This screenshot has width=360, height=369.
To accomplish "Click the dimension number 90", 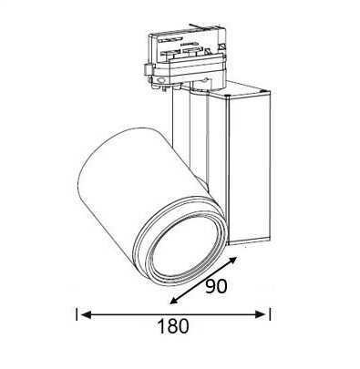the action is click(216, 286).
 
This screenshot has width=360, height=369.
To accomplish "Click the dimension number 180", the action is click(173, 326).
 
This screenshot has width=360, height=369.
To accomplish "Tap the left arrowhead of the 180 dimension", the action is click(87, 314).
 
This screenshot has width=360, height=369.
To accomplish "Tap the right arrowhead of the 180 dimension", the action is click(261, 314).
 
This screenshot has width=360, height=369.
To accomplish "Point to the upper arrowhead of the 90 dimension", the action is click(231, 261).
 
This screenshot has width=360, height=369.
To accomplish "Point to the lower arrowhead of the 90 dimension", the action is click(175, 300).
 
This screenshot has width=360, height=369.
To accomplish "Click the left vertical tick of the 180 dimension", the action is click(77, 314).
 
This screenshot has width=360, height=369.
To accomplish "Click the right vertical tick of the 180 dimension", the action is click(270, 314).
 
